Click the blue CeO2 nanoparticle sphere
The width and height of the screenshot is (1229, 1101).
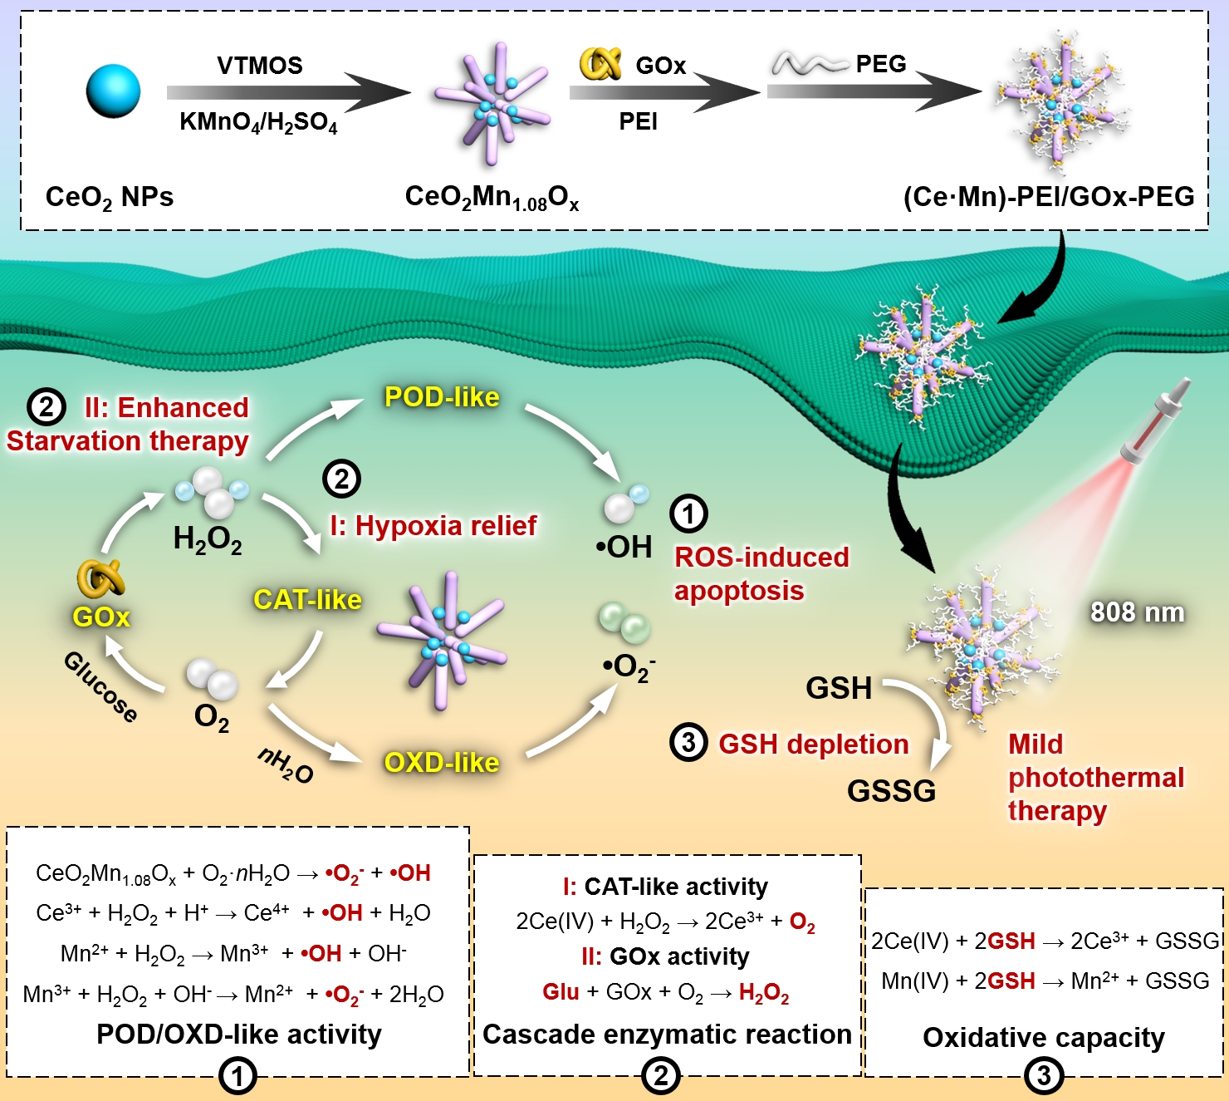[113, 91]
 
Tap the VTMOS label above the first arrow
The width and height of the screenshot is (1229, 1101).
[260, 66]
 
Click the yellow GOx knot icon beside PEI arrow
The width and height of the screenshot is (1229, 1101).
[600, 64]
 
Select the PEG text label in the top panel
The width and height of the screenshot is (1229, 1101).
[881, 64]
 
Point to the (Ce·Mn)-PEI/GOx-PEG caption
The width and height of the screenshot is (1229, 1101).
[1049, 197]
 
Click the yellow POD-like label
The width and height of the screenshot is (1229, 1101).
[442, 397]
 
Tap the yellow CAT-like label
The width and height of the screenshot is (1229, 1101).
[307, 599]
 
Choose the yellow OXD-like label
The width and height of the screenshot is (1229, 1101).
[442, 762]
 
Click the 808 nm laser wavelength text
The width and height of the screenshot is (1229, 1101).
[1137, 612]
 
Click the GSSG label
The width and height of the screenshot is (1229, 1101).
[891, 790]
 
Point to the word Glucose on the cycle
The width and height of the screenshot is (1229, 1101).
[100, 687]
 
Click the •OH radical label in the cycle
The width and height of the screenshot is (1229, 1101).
[624, 547]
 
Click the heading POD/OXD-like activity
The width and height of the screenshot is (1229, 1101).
[239, 1034]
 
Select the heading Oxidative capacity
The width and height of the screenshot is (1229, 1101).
[1044, 1037]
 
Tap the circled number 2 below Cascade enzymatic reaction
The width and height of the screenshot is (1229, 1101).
[661, 1076]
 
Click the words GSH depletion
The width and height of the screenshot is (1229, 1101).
[813, 744]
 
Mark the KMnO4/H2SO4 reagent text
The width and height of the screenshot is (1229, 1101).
[259, 123]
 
